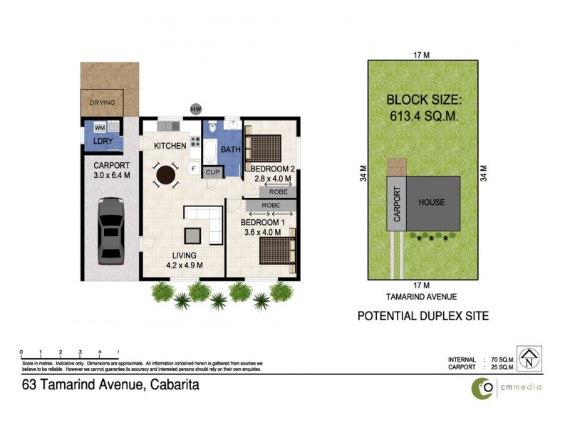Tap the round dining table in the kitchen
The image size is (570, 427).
[x=167, y=174]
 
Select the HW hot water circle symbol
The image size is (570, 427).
[x=195, y=109]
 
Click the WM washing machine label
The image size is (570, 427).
[x=99, y=127]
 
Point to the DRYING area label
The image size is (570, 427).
[x=102, y=102]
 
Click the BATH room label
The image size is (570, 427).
[x=230, y=150]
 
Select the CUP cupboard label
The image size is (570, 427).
[x=212, y=172]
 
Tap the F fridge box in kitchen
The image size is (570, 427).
[x=193, y=168]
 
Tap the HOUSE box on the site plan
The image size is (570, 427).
[x=431, y=202]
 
